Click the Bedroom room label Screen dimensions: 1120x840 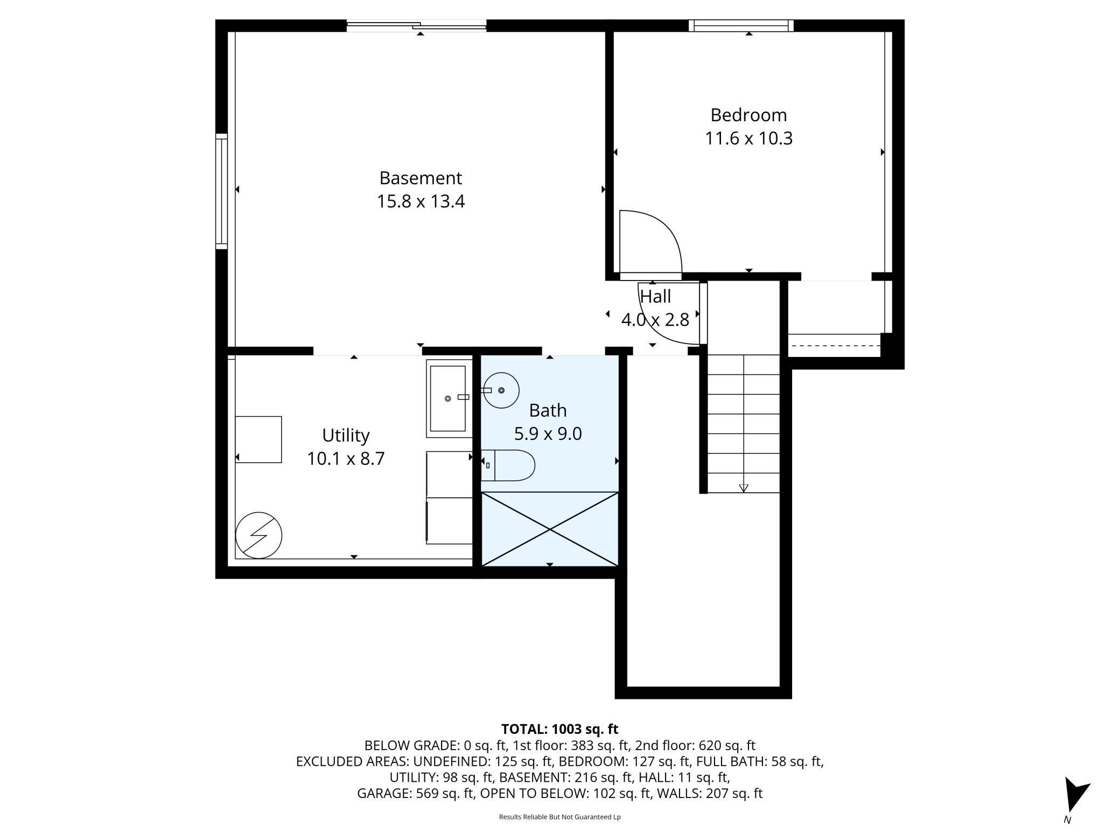coord(748,115)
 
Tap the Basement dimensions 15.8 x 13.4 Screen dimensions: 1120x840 coord(421,201)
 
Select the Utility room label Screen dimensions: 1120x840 coord(346,436)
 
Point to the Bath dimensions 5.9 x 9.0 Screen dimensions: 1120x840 coord(548,433)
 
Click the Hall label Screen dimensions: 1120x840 coord(655,296)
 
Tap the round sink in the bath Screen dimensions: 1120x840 coord(501,390)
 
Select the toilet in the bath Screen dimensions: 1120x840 coord(508,465)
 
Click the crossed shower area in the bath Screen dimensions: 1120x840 coord(550,529)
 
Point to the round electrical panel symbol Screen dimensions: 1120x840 coord(259,535)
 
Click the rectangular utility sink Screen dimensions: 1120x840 coord(448,398)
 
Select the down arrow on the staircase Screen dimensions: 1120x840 coord(744,488)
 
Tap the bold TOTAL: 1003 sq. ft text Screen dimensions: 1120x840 coord(559,729)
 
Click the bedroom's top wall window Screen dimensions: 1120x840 coord(741,25)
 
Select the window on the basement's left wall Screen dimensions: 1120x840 coord(221,191)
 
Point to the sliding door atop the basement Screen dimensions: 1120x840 coord(417,25)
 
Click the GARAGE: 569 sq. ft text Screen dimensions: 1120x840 coord(415,793)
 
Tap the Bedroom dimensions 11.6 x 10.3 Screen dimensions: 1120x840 coord(748,139)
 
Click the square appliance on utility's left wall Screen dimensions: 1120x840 coord(258,439)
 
